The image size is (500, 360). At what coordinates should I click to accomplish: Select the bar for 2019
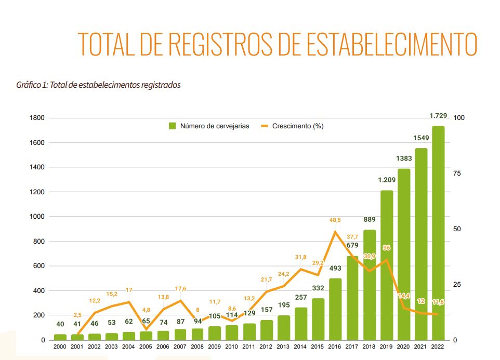[x=387, y=265]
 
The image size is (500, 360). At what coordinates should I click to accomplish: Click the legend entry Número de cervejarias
[x=208, y=126]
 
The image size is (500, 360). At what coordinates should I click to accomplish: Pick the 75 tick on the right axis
[x=457, y=174]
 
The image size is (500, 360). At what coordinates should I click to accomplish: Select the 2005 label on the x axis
[x=146, y=346]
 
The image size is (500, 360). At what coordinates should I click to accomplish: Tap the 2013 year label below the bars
[x=284, y=346]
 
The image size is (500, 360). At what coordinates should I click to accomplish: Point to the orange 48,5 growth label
[x=335, y=220]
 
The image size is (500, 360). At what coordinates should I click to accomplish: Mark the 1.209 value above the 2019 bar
[x=386, y=181]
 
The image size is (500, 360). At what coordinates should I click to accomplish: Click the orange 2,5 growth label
[x=77, y=315]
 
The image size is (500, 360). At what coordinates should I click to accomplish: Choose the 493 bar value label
[x=335, y=269]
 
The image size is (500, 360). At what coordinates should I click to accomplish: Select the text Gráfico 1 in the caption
[x=31, y=85]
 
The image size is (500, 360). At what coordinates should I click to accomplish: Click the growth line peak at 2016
[x=335, y=232]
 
